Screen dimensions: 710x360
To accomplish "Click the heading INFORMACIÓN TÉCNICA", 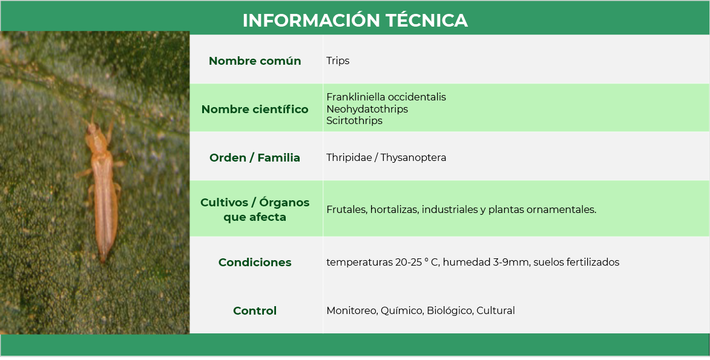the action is point(355,21).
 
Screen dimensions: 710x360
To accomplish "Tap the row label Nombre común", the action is point(255,61).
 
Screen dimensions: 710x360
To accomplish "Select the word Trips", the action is point(338,61).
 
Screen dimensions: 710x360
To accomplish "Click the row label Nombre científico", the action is point(255,109).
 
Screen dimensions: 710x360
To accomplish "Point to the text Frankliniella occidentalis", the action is point(386,97).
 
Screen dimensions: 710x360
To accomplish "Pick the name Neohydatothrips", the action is point(367,109).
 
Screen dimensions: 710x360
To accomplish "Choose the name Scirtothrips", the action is point(355,120).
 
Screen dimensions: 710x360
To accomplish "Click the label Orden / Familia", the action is point(255,157).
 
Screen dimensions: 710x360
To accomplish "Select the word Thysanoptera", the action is point(413,157).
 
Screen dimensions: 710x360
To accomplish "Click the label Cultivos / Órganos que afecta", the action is point(255,210).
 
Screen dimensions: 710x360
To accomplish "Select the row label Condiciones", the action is point(255,262).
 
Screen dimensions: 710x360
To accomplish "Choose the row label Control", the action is point(255,310).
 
